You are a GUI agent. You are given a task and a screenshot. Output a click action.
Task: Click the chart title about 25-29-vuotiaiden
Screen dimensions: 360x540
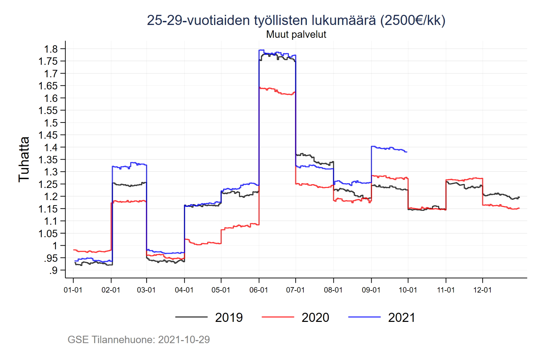(x=296, y=20)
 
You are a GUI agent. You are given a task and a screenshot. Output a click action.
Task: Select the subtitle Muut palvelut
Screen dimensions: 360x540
(x=296, y=34)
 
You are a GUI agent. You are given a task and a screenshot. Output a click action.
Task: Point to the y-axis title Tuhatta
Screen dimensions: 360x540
(x=24, y=159)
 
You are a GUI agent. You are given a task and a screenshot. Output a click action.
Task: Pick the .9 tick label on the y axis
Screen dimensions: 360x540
(x=53, y=270)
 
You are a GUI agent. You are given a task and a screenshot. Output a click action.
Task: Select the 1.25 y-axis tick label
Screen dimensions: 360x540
(x=48, y=184)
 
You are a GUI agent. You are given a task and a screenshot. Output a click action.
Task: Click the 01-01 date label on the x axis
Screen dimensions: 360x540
(x=73, y=290)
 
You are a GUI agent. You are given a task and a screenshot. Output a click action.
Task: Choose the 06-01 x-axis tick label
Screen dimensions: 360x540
(x=259, y=290)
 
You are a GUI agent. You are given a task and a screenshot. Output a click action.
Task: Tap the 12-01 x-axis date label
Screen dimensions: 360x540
(x=482, y=290)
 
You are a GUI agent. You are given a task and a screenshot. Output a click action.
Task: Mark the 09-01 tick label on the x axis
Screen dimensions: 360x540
(x=371, y=290)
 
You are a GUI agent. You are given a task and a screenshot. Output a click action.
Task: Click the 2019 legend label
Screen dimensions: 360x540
(x=229, y=317)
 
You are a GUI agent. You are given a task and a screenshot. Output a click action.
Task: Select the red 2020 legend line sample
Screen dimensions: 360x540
(x=277, y=317)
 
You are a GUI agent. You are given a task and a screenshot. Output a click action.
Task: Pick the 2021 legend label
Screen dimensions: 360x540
(x=402, y=317)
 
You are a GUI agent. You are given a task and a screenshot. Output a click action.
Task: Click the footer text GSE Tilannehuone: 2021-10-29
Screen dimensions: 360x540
(x=139, y=339)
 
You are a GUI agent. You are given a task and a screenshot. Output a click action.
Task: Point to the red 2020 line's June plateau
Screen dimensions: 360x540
(x=277, y=91)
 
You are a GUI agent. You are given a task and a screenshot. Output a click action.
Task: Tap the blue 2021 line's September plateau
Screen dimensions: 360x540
(x=388, y=148)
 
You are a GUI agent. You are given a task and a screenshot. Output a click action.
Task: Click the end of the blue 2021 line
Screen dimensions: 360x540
(x=407, y=152)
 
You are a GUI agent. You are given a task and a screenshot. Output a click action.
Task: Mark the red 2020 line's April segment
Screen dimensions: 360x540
(x=202, y=243)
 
